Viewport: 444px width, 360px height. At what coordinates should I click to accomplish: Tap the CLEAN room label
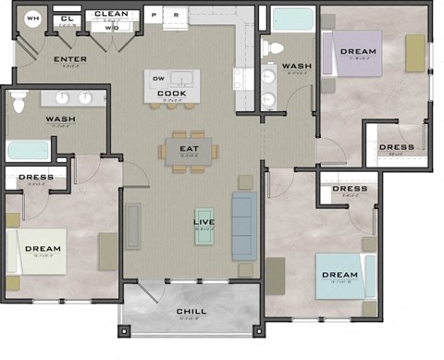[111, 15]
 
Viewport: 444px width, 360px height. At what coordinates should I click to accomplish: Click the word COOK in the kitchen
[172, 93]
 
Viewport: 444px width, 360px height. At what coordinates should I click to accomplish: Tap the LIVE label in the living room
[203, 223]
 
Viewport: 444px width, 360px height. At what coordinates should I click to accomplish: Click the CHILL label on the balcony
[191, 312]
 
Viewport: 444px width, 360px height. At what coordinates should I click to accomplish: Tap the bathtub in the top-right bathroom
[292, 19]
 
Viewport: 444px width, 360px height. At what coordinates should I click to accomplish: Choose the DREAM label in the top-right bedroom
[358, 52]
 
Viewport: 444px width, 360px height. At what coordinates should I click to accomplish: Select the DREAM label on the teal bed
[339, 276]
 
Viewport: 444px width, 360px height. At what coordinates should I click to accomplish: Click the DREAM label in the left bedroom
[43, 249]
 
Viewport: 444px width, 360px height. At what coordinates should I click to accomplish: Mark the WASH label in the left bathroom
[61, 120]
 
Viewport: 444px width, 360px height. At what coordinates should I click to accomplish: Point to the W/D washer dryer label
[111, 28]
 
